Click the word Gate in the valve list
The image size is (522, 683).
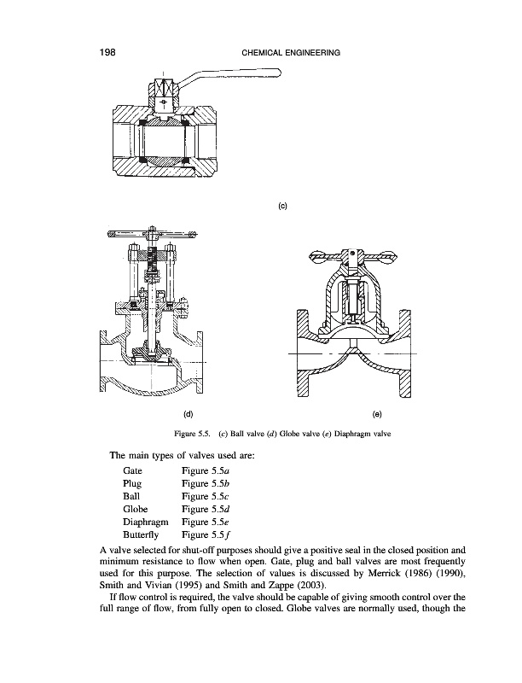133,470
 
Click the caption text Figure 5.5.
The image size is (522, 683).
196,435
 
